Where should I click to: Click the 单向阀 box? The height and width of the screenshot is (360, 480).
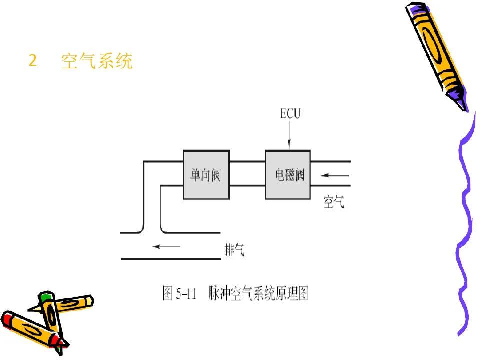tap(205, 175)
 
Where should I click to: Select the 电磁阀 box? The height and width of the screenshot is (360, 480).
tap(288, 175)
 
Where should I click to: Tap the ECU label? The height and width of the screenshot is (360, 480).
tap(290, 114)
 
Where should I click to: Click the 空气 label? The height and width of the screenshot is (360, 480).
tap(334, 202)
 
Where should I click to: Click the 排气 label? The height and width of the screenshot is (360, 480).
tap(234, 250)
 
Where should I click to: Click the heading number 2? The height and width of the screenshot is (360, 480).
tap(33, 61)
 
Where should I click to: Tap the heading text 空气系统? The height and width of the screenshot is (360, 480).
tap(97, 61)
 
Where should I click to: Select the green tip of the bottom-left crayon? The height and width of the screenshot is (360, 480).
tap(46, 298)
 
